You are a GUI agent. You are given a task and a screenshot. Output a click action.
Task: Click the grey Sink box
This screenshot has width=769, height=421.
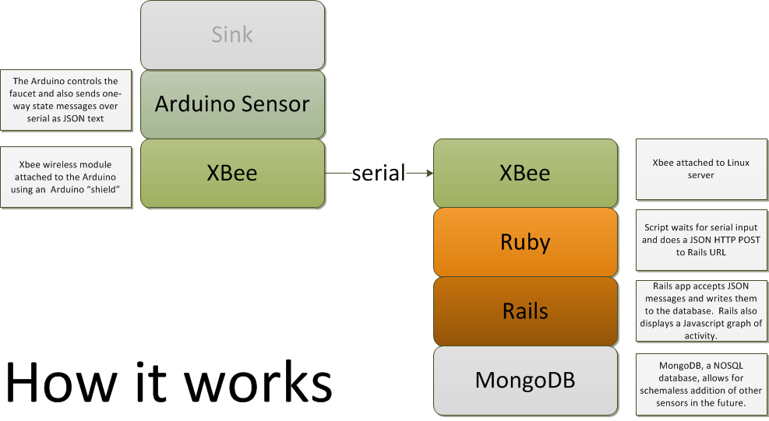click(232, 35)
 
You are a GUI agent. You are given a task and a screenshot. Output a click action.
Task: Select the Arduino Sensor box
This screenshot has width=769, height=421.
click(232, 104)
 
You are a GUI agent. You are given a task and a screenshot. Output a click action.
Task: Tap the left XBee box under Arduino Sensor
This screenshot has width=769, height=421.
click(232, 174)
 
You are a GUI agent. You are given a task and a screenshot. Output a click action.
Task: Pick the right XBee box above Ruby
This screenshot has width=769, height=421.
click(525, 174)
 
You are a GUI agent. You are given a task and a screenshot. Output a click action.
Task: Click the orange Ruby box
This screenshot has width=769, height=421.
click(525, 243)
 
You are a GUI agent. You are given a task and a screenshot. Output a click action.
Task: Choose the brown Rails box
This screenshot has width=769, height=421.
click(525, 312)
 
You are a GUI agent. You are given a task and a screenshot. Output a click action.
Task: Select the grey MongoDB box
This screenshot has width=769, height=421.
click(525, 381)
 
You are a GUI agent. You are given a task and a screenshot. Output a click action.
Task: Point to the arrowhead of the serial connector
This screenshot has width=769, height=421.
click(429, 173)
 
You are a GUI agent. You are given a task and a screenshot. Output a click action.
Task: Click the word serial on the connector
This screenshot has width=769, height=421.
click(378, 173)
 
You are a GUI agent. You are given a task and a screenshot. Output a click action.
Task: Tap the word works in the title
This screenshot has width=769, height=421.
click(258, 383)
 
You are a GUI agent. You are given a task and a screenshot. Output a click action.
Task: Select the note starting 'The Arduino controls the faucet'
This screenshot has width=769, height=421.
click(66, 100)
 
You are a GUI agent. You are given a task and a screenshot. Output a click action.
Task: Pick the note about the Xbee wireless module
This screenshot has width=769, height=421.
click(66, 177)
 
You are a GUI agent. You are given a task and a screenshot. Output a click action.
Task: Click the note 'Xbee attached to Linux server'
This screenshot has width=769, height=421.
click(701, 169)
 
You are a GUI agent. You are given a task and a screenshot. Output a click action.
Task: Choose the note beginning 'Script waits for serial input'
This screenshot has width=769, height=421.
click(701, 240)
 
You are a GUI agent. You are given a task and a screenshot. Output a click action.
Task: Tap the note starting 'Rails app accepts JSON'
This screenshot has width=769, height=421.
click(701, 310)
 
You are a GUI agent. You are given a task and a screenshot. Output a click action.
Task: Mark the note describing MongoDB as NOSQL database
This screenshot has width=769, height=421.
click(701, 384)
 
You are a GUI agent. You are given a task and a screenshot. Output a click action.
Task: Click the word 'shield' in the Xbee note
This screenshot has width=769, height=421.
click(103, 190)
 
